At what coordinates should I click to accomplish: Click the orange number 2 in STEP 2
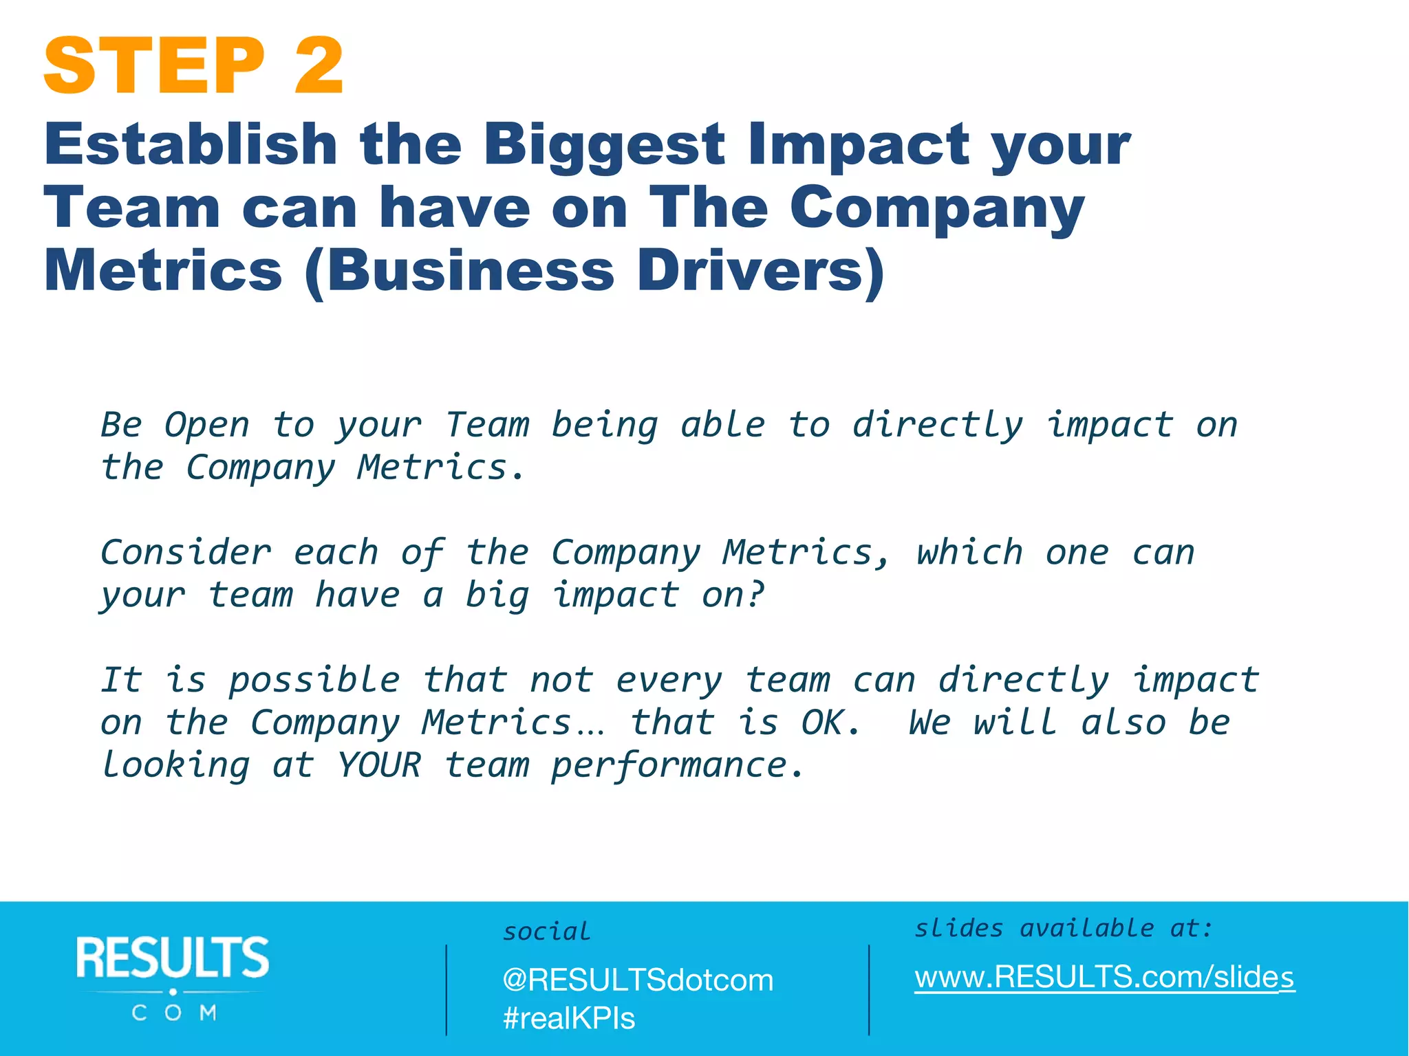tap(319, 66)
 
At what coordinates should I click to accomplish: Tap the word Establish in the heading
tap(191, 145)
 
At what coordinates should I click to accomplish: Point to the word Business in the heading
tap(470, 272)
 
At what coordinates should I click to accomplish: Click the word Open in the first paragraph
tap(206, 425)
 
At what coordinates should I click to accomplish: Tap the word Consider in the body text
tap(186, 553)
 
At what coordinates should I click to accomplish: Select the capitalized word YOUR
tap(379, 765)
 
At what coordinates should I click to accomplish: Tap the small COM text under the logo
tap(174, 1013)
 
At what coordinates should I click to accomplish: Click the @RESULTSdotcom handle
tap(638, 980)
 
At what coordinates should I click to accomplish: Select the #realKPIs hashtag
tap(569, 1018)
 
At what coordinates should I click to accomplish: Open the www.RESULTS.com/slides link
tap(1104, 977)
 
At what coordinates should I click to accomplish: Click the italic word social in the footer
tap(546, 932)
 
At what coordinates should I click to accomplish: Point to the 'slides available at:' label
tap(1063, 929)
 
